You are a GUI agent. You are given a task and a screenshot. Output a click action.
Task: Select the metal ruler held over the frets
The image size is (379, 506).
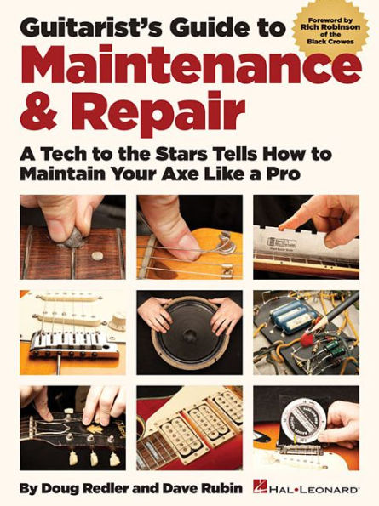point(302,242)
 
